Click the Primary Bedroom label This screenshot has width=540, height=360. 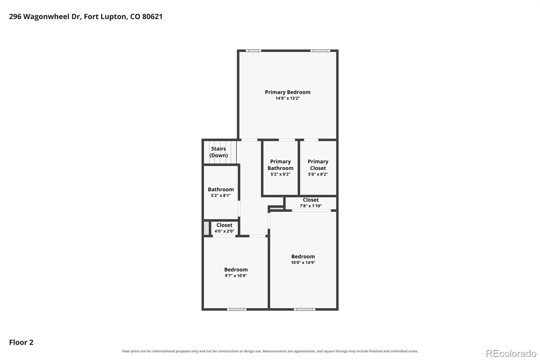tap(288, 92)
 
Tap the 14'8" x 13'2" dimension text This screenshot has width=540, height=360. tap(288, 98)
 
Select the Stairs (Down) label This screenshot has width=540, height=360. tap(218, 152)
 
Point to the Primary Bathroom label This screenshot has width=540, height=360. tap(280, 165)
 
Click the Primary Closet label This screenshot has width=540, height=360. tap(318, 165)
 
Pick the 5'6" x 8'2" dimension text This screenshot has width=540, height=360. tap(318, 174)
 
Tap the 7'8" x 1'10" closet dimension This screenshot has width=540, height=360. tap(311, 206)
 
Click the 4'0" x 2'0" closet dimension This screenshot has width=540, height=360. tap(224, 231)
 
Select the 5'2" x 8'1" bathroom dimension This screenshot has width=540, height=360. tap(221, 196)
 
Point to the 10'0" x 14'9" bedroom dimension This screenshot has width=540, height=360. tap(303, 262)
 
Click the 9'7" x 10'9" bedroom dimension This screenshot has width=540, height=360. tap(236, 276)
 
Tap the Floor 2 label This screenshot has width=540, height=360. tap(21, 342)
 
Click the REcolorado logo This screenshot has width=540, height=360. tap(511, 354)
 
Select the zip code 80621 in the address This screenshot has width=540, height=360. tap(152, 17)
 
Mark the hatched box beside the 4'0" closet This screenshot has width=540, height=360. tap(206, 228)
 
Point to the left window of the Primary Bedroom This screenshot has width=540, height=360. tap(253, 51)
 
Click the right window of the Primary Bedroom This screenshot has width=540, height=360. tap(320, 51)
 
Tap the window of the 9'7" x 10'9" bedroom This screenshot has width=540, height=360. tap(237, 309)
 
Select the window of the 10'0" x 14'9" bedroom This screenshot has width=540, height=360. tap(304, 309)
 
